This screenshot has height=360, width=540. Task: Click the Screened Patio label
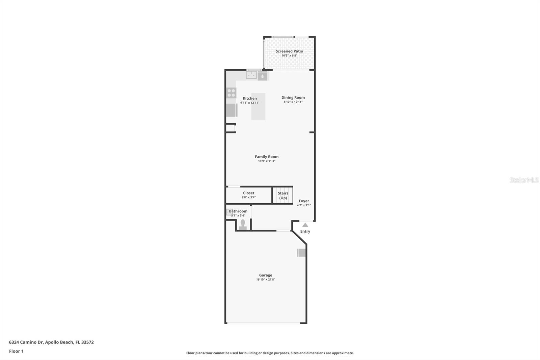click(x=289, y=51)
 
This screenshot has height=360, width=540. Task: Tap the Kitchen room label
click(x=250, y=98)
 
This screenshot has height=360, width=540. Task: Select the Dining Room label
click(x=293, y=98)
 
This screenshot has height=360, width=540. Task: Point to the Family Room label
click(x=267, y=157)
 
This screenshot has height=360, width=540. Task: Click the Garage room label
click(x=266, y=275)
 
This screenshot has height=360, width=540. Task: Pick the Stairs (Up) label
click(x=283, y=196)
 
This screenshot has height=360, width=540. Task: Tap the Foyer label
click(x=304, y=201)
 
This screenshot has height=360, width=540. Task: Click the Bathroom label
click(x=238, y=211)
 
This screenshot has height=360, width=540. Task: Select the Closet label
click(x=249, y=193)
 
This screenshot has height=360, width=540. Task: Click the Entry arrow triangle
click(x=305, y=225)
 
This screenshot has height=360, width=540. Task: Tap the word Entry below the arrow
click(x=305, y=231)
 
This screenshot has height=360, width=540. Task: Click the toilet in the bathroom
click(x=242, y=225)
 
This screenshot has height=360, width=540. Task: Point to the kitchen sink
click(x=251, y=75)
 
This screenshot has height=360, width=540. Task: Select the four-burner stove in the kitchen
click(x=231, y=93)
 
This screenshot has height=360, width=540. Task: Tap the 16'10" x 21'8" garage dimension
click(x=266, y=280)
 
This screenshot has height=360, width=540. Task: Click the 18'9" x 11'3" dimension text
click(x=267, y=161)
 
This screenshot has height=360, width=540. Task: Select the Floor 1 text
click(x=16, y=351)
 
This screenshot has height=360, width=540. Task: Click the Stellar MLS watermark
click(x=524, y=180)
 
